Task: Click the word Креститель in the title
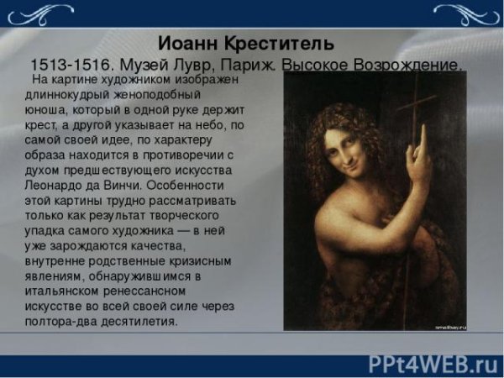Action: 277,42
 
